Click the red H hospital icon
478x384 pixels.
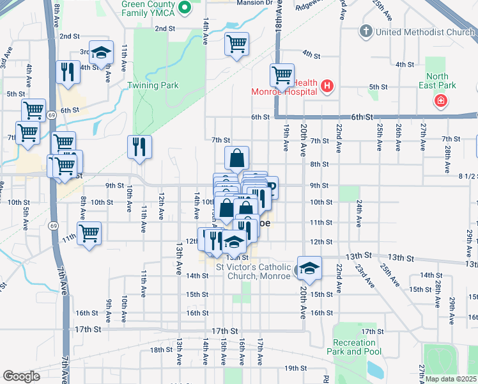(x=327, y=86)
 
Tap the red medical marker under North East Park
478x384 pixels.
(x=440, y=101)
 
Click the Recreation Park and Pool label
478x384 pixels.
(x=353, y=347)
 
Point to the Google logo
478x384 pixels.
(x=21, y=376)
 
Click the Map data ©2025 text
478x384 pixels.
(x=451, y=379)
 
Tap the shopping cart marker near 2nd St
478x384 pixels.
(x=236, y=44)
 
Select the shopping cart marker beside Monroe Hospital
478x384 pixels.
(x=282, y=76)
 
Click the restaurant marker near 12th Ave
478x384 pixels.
(x=139, y=147)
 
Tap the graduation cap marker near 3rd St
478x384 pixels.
(x=101, y=53)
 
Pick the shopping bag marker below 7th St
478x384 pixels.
(x=236, y=158)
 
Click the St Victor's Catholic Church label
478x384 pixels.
(x=253, y=271)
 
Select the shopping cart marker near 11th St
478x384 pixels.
(x=89, y=233)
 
